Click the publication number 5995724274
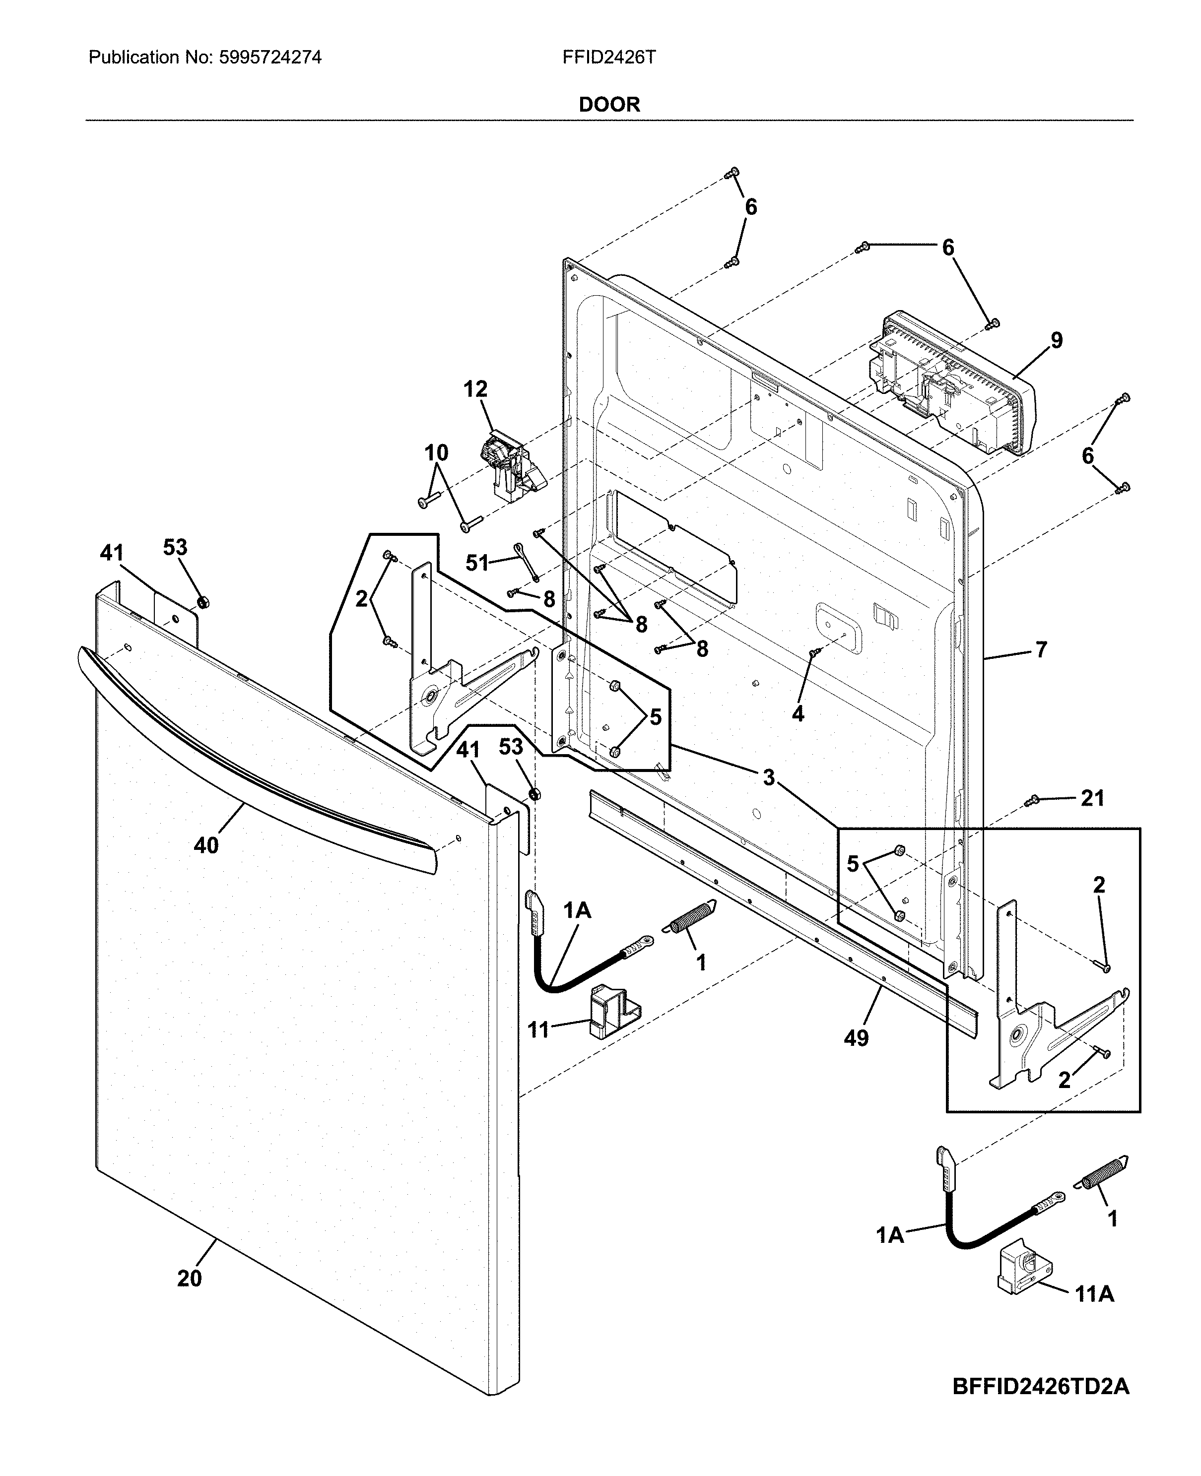pos(270,58)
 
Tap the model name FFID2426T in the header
pos(609,58)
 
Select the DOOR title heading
pos(609,105)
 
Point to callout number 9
pos(1056,340)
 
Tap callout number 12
pos(475,389)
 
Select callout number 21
pos(1092,798)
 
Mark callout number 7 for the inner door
pos(1041,649)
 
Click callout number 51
pos(476,563)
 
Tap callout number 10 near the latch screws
pos(436,453)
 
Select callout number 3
pos(769,777)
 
